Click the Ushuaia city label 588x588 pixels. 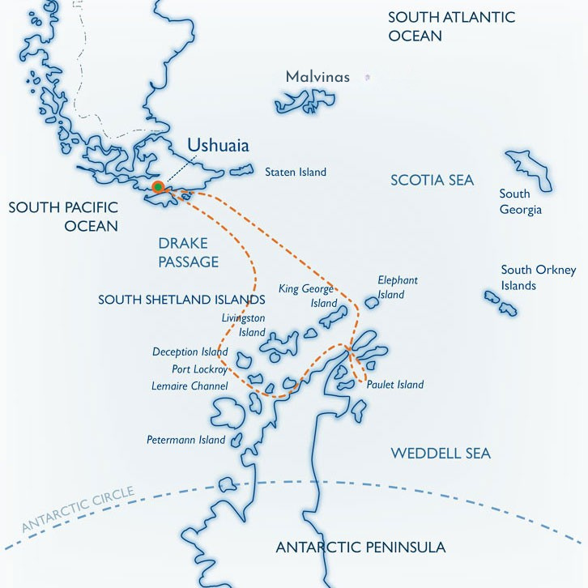tap(218, 146)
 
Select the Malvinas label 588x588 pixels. tap(317, 78)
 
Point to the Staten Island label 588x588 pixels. tap(296, 172)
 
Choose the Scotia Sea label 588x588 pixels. tap(432, 180)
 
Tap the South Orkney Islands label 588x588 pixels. tap(538, 278)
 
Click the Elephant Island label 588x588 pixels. tap(398, 287)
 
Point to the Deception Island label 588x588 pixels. tap(190, 352)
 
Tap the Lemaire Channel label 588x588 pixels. tap(190, 386)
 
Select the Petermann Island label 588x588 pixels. tap(185, 441)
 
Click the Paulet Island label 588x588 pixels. tap(395, 385)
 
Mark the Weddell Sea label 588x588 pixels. tap(441, 454)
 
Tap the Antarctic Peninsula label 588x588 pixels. tap(360, 548)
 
